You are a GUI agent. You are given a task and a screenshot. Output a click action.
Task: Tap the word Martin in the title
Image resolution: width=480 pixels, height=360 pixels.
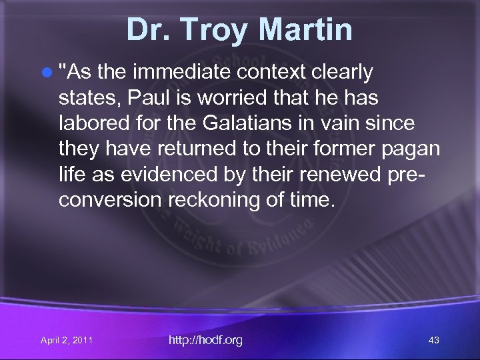(x=307, y=30)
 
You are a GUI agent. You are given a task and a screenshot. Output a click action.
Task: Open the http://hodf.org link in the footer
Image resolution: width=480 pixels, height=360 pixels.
(x=205, y=340)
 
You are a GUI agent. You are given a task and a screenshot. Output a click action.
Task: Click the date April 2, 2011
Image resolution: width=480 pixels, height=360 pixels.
(x=67, y=341)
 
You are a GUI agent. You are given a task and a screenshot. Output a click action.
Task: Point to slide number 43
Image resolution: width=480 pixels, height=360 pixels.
(x=433, y=341)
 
